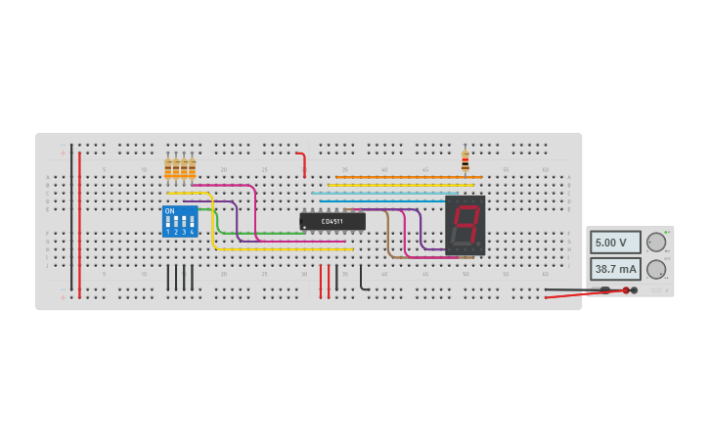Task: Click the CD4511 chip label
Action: [332, 222]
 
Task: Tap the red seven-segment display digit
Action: [465, 225]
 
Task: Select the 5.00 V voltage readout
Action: [615, 243]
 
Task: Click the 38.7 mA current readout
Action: [615, 269]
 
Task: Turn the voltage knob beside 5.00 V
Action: [656, 243]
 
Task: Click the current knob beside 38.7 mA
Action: [656, 269]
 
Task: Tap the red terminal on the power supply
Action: [626, 290]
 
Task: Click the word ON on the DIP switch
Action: [169, 211]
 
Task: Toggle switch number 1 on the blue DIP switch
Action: [168, 223]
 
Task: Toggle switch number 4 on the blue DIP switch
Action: [192, 223]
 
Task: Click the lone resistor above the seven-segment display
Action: [465, 160]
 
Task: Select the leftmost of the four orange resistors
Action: [168, 169]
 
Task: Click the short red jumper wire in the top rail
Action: [303, 162]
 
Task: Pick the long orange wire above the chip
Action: [411, 177]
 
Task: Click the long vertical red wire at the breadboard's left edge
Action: [79, 225]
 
